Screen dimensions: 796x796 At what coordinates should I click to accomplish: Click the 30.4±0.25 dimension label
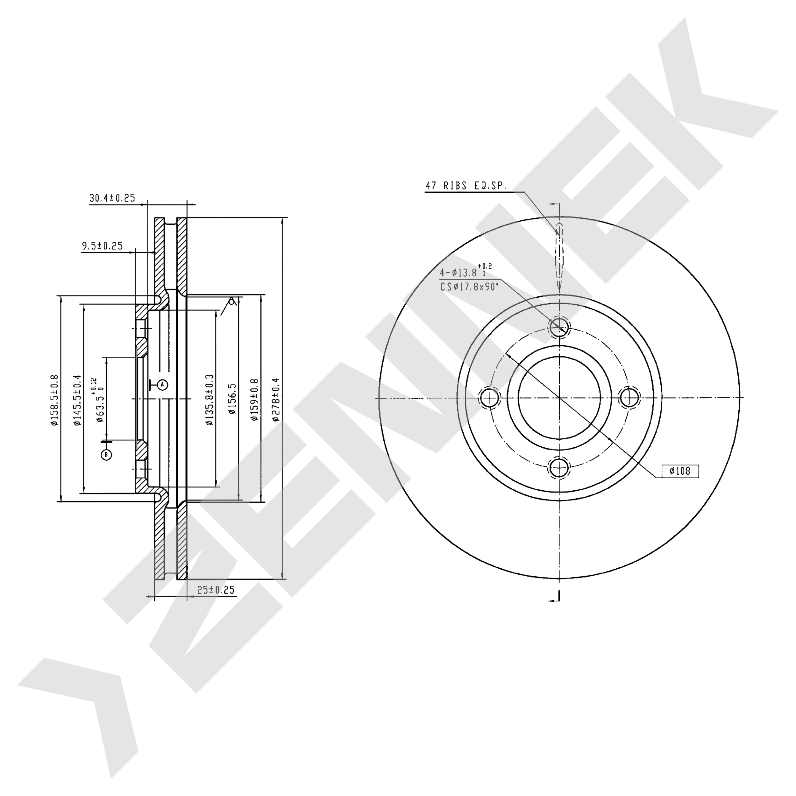112,198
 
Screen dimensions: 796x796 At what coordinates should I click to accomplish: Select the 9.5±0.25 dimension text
103,246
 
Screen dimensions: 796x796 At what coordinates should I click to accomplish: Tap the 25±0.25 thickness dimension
216,590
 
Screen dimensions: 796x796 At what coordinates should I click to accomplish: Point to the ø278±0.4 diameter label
276,399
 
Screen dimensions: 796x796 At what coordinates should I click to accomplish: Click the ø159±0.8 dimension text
254,399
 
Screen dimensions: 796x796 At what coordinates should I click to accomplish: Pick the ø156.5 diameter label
232,399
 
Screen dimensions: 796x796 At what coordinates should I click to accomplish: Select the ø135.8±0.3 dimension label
210,400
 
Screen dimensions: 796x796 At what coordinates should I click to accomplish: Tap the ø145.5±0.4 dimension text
77,400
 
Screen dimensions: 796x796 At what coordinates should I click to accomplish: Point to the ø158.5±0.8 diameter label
54,400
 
